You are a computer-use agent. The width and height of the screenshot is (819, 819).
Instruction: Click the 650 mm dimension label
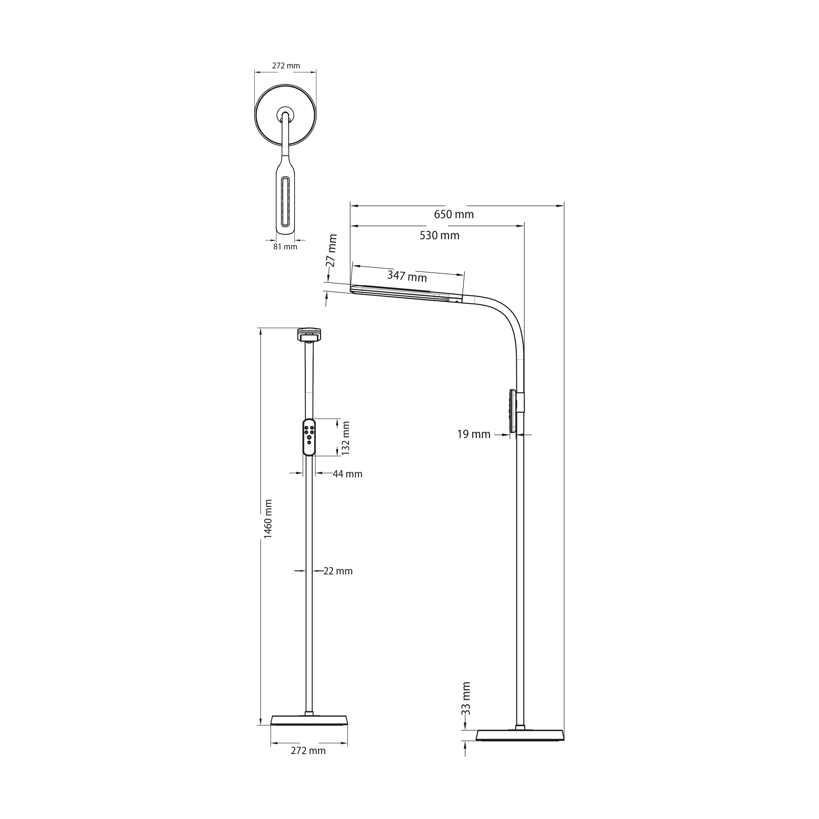point(454,215)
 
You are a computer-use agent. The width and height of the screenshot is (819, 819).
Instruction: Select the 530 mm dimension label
point(440,235)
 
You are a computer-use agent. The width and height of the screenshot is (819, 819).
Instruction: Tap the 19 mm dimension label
point(473,435)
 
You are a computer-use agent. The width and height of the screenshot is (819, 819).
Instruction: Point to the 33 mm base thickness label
point(466,705)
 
